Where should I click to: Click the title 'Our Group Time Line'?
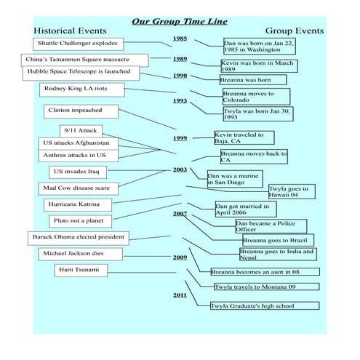tap(180, 22)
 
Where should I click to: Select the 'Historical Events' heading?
tap(70, 31)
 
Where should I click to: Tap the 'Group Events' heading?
tap(295, 31)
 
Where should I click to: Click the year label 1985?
tap(180, 39)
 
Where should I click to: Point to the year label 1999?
tap(180, 138)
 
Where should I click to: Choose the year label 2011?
tap(180, 295)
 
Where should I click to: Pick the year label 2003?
tap(180, 169)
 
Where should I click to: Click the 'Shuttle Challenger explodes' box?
tap(79, 44)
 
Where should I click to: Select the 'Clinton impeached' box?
tap(81, 111)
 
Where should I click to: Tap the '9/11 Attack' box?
tap(81, 131)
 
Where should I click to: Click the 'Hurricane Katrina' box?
tap(78, 205)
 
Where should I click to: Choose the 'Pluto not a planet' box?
tap(81, 221)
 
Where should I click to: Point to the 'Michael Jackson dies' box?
tap(81, 254)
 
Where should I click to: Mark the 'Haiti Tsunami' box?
tap(81, 271)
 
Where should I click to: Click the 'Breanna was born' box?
tap(253, 80)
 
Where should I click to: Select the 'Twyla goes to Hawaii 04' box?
tap(292, 191)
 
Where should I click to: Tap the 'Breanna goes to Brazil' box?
tap(279, 240)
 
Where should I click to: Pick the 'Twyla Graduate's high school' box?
tap(265, 305)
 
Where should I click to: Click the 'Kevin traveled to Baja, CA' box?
tap(244, 137)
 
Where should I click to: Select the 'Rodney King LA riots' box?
tap(82, 90)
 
